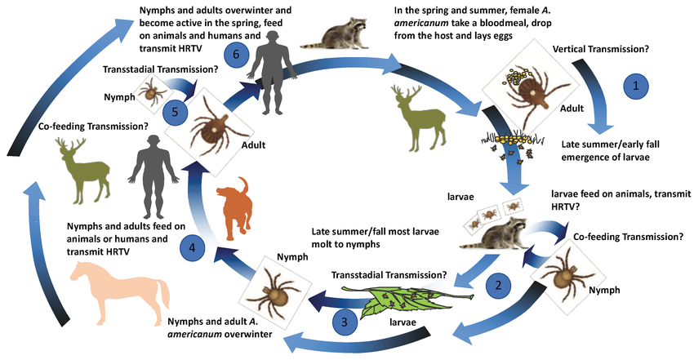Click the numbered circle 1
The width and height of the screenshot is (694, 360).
tap(637, 85)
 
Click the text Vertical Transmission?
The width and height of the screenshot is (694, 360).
tap(600, 49)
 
